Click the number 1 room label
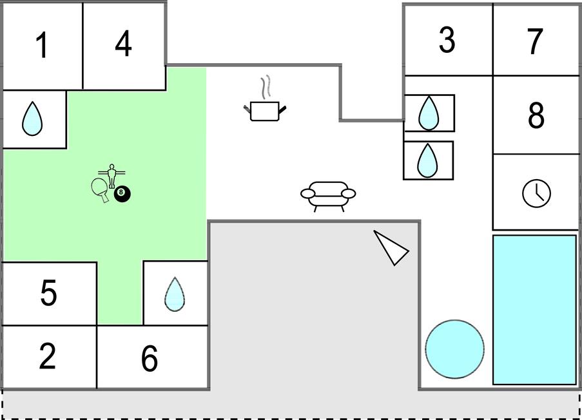(x=42, y=46)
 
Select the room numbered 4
(x=123, y=44)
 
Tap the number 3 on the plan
(x=447, y=40)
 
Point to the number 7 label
(x=535, y=41)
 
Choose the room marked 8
(x=536, y=115)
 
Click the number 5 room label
(x=48, y=293)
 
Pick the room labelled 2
(x=47, y=357)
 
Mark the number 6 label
(x=150, y=358)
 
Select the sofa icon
(x=328, y=195)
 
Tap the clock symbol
(x=536, y=193)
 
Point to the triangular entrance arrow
(x=391, y=247)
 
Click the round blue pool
(x=454, y=349)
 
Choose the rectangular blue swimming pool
(x=534, y=310)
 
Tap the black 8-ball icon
(x=121, y=193)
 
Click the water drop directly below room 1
(x=32, y=120)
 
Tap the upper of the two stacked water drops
(x=428, y=113)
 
